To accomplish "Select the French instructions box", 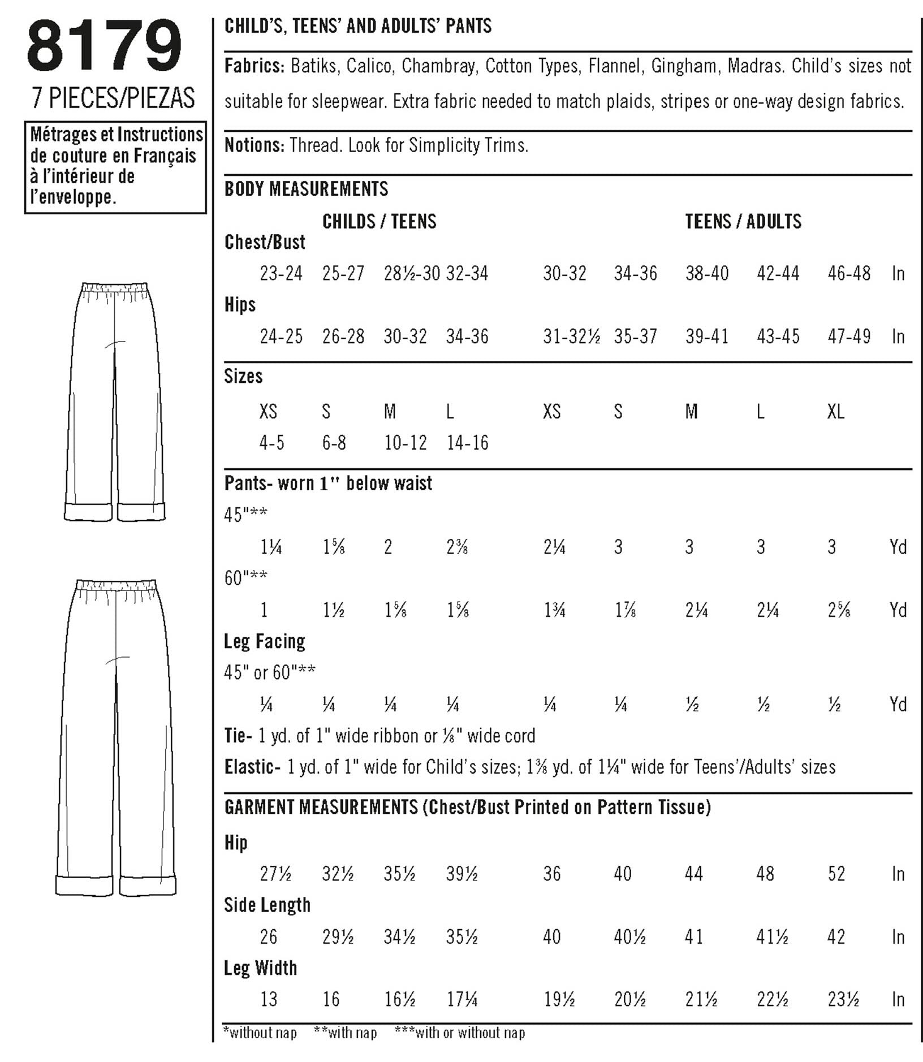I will pyautogui.click(x=115, y=166).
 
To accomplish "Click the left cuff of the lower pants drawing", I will pyautogui.click(x=84, y=885).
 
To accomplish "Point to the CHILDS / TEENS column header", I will pyautogui.click(x=379, y=221).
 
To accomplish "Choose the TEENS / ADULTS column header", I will pyautogui.click(x=743, y=221).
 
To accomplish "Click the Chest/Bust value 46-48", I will pyautogui.click(x=849, y=274).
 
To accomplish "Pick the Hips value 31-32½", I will pyautogui.click(x=571, y=337).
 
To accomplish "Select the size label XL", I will pyautogui.click(x=835, y=412).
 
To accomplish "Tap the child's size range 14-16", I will pyautogui.click(x=467, y=443).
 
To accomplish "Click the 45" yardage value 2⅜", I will pyautogui.click(x=456, y=547).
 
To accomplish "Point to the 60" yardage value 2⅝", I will pyautogui.click(x=838, y=611).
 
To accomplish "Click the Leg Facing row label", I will pyautogui.click(x=264, y=641).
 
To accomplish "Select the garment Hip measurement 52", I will pyautogui.click(x=836, y=874).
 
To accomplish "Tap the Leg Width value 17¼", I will pyautogui.click(x=461, y=1000).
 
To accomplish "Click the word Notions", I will pyautogui.click(x=254, y=145).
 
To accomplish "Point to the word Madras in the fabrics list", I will pyautogui.click(x=754, y=66).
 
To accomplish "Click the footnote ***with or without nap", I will pyautogui.click(x=459, y=1033).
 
